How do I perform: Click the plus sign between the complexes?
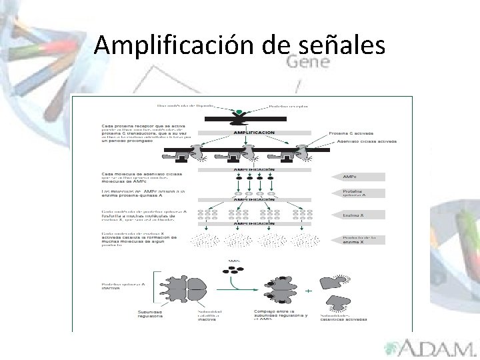click(308, 291)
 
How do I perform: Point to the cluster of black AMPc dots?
click(234, 271)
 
